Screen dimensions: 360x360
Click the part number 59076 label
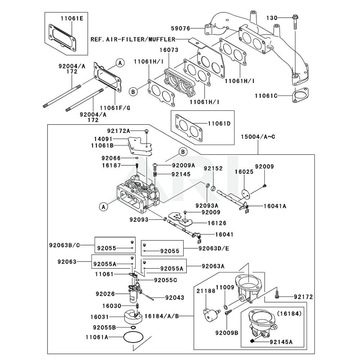pos(181,28)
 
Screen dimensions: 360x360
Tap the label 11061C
pos(266,95)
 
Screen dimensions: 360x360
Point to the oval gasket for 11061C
pos(300,95)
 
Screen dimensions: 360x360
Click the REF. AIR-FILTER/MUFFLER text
pos(133,40)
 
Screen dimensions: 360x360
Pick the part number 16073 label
pos(169,50)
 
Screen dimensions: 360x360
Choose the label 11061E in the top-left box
pos(72,18)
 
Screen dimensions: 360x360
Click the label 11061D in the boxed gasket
pos(219,123)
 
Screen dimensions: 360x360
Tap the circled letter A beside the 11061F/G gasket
pos(120,63)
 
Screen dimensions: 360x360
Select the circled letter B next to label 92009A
pos(183,152)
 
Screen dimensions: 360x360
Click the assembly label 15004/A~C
pos(258,137)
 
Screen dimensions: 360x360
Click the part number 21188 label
pos(206,291)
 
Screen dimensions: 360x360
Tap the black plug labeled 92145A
pos(252,341)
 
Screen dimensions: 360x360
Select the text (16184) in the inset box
pos(289,314)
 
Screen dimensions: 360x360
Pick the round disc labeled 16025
pos(246,193)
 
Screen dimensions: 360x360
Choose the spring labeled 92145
pos(155,175)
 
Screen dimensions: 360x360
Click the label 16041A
pos(275,206)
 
